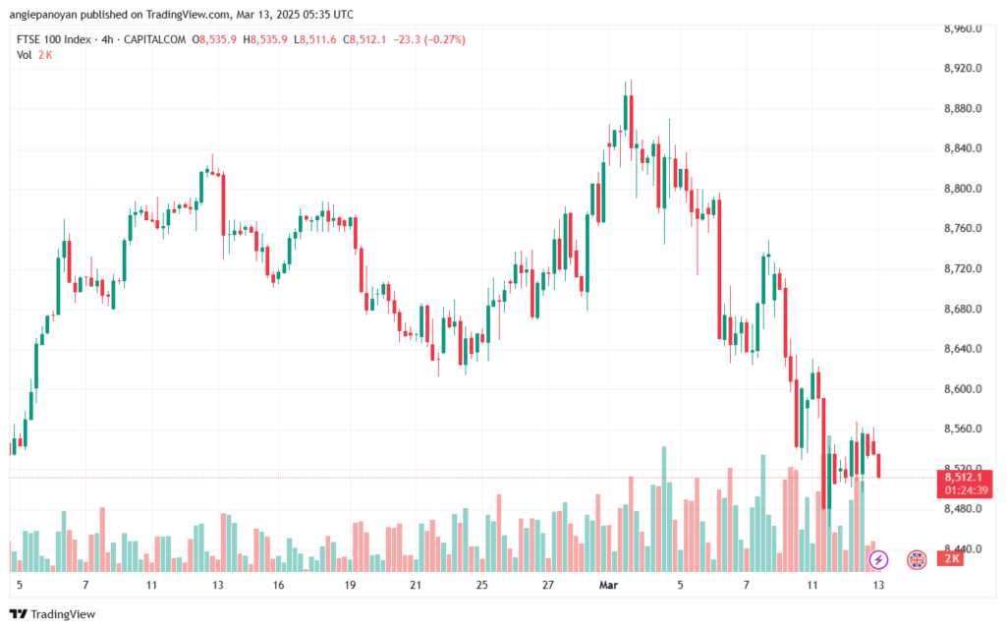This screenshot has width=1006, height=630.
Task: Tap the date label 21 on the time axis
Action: pyautogui.click(x=416, y=585)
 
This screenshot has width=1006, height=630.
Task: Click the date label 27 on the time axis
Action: pyautogui.click(x=547, y=585)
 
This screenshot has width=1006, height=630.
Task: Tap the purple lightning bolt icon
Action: pyautogui.click(x=879, y=559)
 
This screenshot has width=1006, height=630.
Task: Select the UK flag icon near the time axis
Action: pyautogui.click(x=916, y=559)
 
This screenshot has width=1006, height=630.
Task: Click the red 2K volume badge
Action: pyautogui.click(x=950, y=559)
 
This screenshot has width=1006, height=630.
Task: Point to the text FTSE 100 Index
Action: pyautogui.click(x=53, y=39)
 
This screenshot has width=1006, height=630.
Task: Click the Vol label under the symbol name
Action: pyautogui.click(x=25, y=55)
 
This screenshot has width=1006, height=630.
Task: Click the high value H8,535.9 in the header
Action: pyautogui.click(x=267, y=39)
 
